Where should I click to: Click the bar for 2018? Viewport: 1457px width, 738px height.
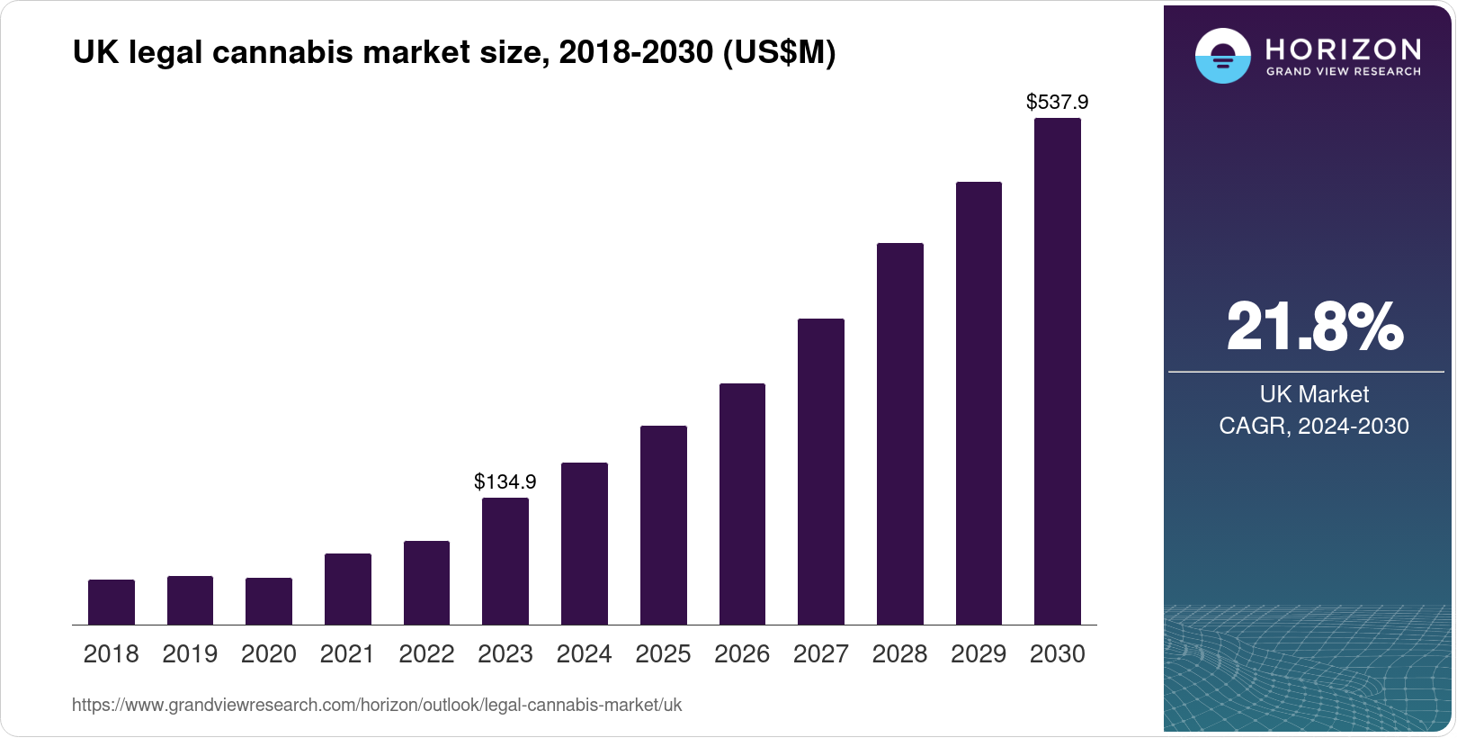coord(112,602)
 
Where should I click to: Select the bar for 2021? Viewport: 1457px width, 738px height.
coord(348,589)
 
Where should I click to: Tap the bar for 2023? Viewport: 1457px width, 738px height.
coord(505,562)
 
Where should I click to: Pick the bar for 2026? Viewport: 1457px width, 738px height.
coord(742,504)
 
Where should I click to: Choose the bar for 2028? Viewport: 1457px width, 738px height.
coord(899,434)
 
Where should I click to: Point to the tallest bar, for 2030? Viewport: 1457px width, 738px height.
coord(1058,372)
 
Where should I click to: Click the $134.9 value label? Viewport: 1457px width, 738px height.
coord(505,481)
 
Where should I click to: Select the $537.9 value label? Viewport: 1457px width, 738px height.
coord(1058,102)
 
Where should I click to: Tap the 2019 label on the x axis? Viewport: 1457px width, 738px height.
coord(190,654)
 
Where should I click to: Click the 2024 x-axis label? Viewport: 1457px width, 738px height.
coord(585,654)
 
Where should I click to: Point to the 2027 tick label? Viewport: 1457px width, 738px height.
coord(821,654)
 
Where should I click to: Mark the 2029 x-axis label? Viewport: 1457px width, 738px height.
coord(979,654)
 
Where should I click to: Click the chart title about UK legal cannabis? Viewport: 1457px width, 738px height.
coord(454,53)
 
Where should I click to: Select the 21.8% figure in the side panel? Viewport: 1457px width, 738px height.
coord(1314,327)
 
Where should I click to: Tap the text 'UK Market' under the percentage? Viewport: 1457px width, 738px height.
coord(1314,394)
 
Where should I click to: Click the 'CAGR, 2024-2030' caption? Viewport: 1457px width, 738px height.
coord(1314,426)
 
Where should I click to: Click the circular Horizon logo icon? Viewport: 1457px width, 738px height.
coord(1222,57)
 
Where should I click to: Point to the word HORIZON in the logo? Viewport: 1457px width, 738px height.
coord(1343,49)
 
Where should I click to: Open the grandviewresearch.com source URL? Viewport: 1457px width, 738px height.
coord(377,706)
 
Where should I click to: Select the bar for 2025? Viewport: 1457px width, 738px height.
coord(664,526)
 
